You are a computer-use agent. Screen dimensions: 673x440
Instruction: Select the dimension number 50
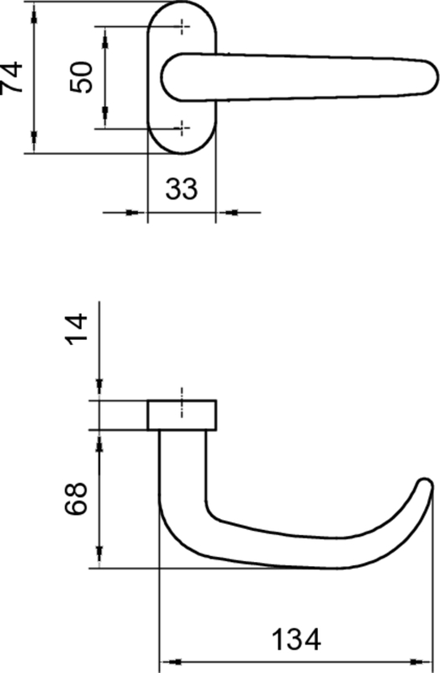[82, 77]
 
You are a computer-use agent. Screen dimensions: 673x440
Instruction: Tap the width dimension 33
[181, 188]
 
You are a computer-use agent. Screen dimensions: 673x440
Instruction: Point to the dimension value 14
[77, 330]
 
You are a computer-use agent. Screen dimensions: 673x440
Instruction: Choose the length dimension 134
[295, 641]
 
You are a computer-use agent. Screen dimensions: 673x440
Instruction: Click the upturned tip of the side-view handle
[427, 485]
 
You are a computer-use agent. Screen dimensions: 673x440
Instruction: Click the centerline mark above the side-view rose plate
[183, 394]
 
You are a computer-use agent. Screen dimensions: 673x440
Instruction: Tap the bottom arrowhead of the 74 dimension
[34, 143]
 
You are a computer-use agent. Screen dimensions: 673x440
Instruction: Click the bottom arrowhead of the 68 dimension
[100, 558]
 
